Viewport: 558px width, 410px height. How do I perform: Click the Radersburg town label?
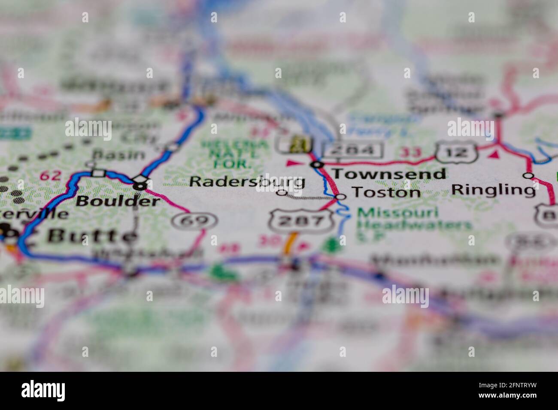[247, 181]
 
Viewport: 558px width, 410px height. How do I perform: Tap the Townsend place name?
[389, 174]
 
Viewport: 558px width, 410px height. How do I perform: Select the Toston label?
[386, 192]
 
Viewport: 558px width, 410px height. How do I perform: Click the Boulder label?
[117, 201]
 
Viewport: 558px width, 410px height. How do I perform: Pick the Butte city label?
[92, 236]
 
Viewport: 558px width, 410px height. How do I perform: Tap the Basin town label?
[112, 154]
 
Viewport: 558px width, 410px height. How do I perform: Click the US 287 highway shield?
[302, 221]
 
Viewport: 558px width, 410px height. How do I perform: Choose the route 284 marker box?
[353, 150]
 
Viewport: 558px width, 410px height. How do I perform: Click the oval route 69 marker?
[194, 221]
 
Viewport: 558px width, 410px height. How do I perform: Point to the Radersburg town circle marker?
[282, 193]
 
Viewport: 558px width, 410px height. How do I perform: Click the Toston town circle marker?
[341, 196]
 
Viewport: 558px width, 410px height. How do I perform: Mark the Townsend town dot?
[317, 165]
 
